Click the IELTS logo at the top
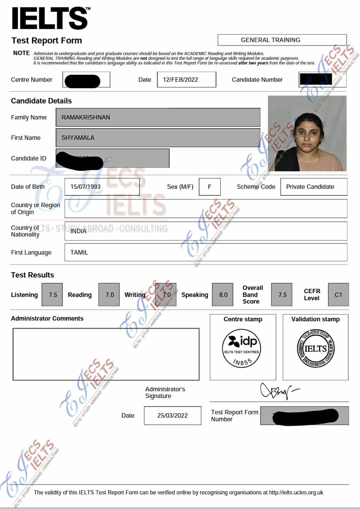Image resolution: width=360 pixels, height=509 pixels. coord(50,19)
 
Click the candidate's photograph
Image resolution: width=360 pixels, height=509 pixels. coord(307,133)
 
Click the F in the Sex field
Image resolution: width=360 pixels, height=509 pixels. coord(209,187)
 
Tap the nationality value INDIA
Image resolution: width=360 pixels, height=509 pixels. coord(78,231)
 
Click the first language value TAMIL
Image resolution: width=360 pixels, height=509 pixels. coord(79,252)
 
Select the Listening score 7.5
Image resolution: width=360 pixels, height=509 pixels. coord(52,295)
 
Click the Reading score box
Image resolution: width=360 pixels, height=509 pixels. coord(109,295)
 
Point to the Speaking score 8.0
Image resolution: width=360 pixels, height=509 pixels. coord(223,295)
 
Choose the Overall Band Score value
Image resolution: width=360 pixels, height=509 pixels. coord(282,295)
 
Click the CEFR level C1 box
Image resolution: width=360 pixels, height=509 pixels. coord(338,295)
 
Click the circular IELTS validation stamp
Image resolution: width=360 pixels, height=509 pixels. coord(315,349)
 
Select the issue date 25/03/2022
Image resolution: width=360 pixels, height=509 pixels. coord(172,416)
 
